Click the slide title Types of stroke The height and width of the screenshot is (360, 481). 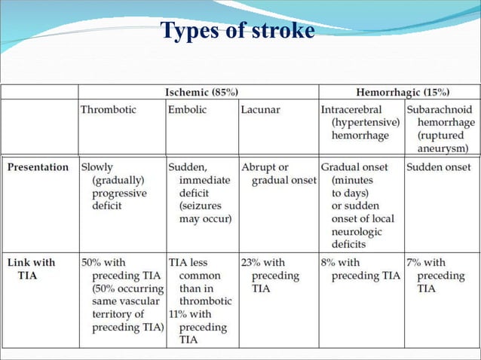(x=237, y=31)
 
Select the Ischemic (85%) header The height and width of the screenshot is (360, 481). (x=201, y=92)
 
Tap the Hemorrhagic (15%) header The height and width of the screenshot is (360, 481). (x=400, y=92)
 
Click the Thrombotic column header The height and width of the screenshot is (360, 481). (x=109, y=110)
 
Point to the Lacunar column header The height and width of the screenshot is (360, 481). (x=260, y=110)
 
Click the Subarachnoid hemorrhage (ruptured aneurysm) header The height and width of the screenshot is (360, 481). (x=441, y=129)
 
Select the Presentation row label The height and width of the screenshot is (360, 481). (x=38, y=167)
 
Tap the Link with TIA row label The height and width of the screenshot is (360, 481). (x=32, y=269)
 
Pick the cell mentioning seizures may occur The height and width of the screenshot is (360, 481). (x=200, y=193)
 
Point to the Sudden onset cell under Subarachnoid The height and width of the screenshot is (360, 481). (x=438, y=167)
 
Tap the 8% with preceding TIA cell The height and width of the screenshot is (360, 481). (x=360, y=269)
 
